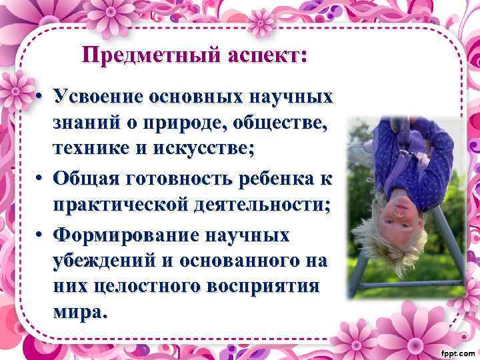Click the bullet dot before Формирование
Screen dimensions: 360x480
[41, 235]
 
